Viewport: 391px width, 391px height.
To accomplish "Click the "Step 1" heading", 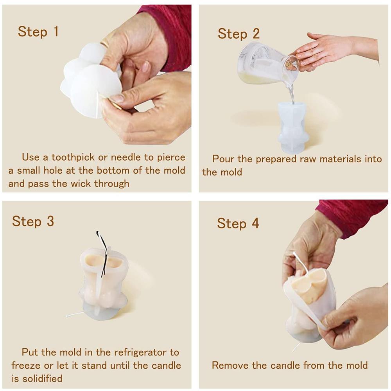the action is point(38,32).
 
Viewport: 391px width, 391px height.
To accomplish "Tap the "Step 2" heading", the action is point(239,34).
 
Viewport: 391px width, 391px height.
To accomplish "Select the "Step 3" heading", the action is point(33,221).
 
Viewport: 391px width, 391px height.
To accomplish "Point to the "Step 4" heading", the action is point(238,223).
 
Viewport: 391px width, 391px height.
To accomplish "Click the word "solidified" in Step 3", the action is point(42,378).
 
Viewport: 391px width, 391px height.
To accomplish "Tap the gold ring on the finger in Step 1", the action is point(104,41).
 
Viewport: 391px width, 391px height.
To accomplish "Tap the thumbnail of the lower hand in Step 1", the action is point(116,98).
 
